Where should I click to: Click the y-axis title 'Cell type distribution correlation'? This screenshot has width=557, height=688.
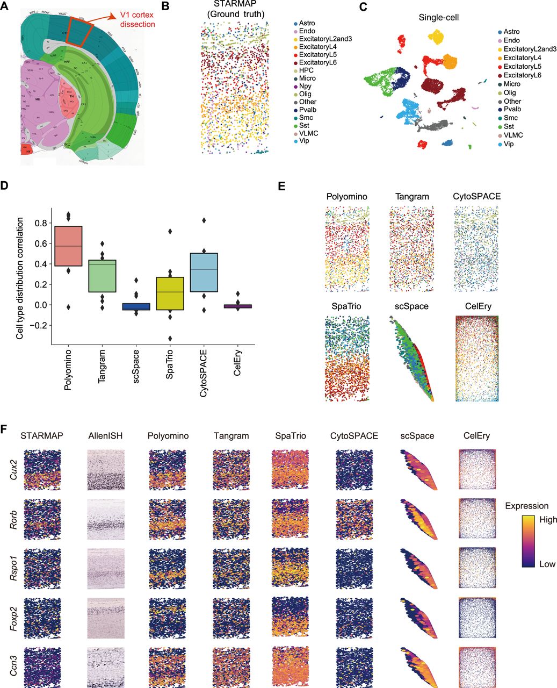coord(20,278)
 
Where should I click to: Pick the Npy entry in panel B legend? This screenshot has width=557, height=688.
coord(305,86)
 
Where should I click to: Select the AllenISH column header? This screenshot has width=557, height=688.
coord(106,436)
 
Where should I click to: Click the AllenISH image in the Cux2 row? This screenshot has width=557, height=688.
coord(105,469)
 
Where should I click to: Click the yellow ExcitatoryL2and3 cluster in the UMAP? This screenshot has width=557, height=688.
coord(435,38)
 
